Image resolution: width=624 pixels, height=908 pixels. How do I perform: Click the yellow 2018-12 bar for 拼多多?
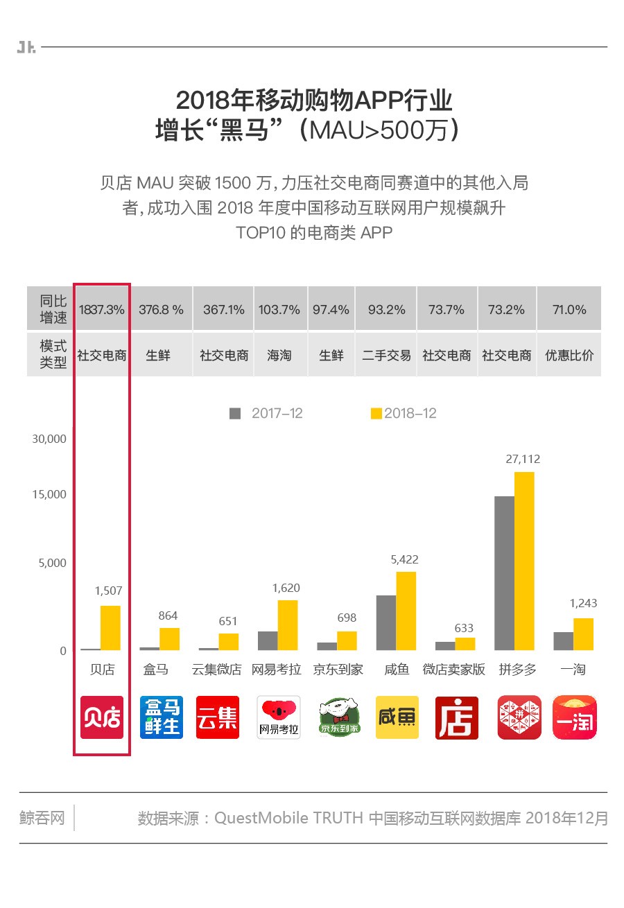[x=524, y=561]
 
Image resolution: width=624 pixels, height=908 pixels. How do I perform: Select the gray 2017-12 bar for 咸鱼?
[x=386, y=622]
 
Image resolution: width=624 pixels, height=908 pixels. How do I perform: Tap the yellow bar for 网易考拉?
[x=287, y=625]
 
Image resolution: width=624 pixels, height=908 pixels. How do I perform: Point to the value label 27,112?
[x=523, y=459]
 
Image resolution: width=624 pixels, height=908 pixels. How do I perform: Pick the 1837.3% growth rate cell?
[x=102, y=310]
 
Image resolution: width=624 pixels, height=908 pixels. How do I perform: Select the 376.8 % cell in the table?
[x=162, y=310]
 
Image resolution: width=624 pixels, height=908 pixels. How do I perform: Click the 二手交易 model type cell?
[x=386, y=356]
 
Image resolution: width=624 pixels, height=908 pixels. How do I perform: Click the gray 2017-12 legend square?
[x=235, y=414]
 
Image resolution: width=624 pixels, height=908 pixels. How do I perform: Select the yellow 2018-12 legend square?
[x=376, y=414]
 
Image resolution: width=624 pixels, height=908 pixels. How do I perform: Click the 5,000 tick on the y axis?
[x=52, y=563]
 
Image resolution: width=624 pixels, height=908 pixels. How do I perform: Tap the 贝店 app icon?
[x=102, y=717]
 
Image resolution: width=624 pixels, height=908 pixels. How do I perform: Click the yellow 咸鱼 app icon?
[x=397, y=717]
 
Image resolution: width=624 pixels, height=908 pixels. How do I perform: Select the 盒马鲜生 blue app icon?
[x=162, y=717]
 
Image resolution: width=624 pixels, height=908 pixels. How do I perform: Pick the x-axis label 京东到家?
[x=338, y=670]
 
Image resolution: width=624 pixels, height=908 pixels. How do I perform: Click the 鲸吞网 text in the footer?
[x=42, y=818]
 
